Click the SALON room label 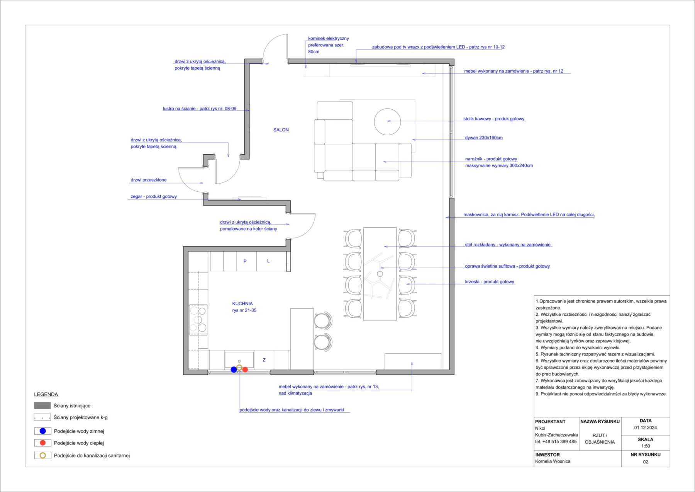click(x=281, y=130)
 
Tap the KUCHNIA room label click(x=242, y=304)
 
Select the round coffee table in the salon click(x=387, y=121)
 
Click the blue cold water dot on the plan click(x=234, y=370)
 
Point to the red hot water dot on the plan click(x=245, y=370)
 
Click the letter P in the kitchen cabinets click(x=245, y=261)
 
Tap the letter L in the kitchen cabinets click(x=268, y=261)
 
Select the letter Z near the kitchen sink click(x=264, y=360)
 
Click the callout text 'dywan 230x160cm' click(x=484, y=138)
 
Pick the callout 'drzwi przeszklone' click(x=149, y=180)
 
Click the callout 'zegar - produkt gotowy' click(x=154, y=197)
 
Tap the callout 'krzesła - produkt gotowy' click(x=490, y=282)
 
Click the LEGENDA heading click(x=46, y=395)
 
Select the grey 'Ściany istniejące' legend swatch click(x=42, y=405)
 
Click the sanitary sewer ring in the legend click(x=43, y=455)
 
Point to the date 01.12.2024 click(x=646, y=428)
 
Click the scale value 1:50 click(x=646, y=446)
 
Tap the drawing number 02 click(x=646, y=462)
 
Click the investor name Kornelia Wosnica click(x=553, y=461)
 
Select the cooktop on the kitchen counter click(x=198, y=320)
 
